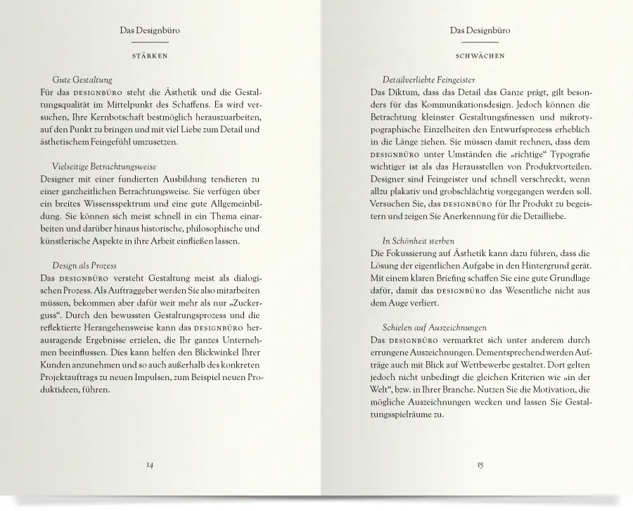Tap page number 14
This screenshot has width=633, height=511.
point(149,465)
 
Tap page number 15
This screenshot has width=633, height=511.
point(479,465)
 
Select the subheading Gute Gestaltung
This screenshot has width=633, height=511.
point(82,80)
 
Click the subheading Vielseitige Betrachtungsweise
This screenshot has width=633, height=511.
point(104,166)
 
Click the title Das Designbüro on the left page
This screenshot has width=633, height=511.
point(149,31)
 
